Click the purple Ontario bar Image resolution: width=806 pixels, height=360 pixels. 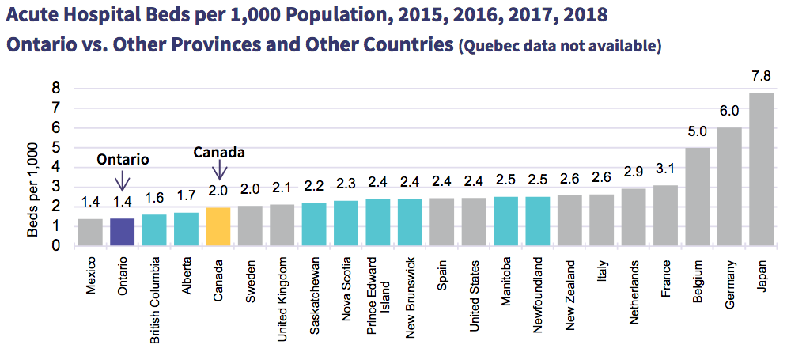[122, 232]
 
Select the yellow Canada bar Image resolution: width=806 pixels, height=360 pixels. [218, 226]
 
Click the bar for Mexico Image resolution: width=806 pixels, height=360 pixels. [89, 232]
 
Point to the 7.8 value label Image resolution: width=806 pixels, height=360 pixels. [761, 76]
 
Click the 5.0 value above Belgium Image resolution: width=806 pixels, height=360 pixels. [697, 131]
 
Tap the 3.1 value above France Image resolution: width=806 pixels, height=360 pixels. [665, 169]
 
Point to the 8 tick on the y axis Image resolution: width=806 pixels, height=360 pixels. [57, 88]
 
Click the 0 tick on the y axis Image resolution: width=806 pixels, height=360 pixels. [57, 245]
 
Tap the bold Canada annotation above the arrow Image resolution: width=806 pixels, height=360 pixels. [220, 152]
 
